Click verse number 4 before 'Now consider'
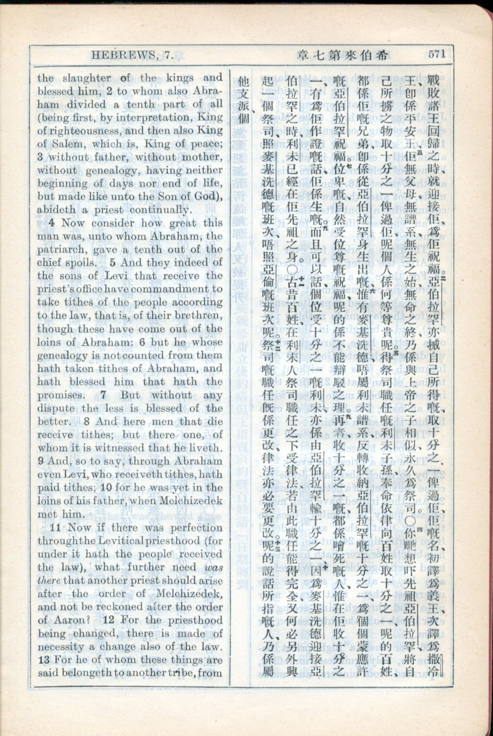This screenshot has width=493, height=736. click(53, 223)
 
